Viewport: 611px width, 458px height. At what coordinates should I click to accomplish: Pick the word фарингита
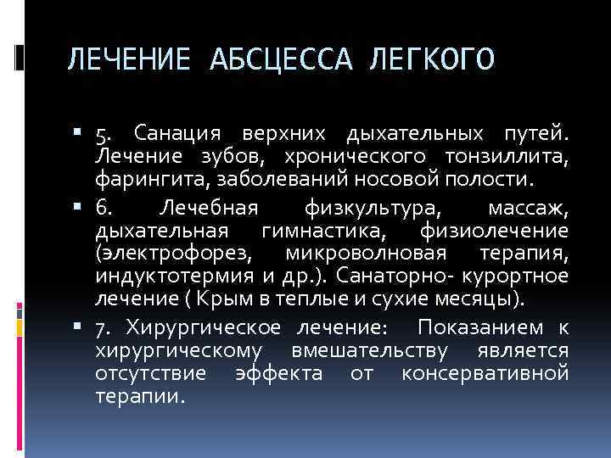140,178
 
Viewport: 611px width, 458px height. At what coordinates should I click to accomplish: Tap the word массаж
532,209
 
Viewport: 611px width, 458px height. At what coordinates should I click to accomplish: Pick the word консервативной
497,373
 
